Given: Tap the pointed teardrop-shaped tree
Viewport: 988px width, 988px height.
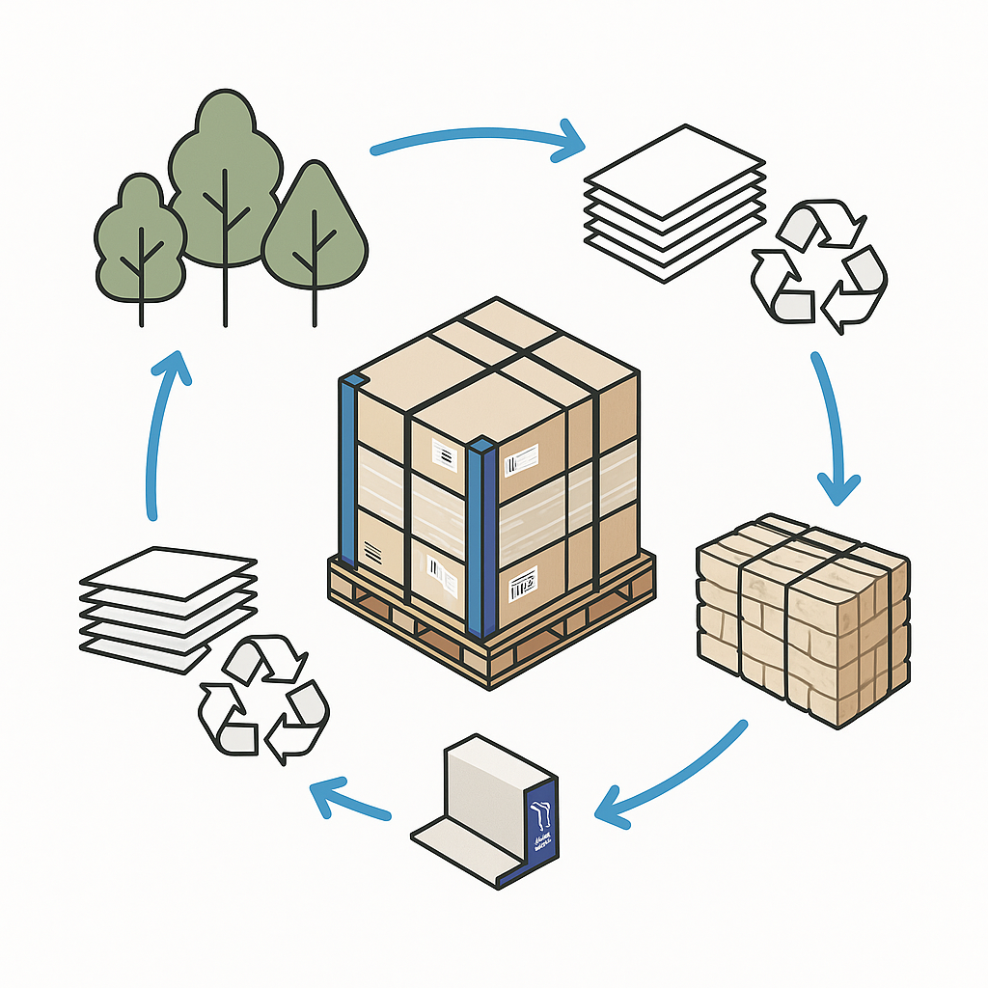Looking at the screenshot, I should (x=315, y=232).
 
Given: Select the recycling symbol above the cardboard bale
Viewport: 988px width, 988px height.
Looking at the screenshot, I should (x=818, y=265).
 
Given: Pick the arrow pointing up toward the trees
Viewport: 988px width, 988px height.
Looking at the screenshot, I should (x=164, y=434).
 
